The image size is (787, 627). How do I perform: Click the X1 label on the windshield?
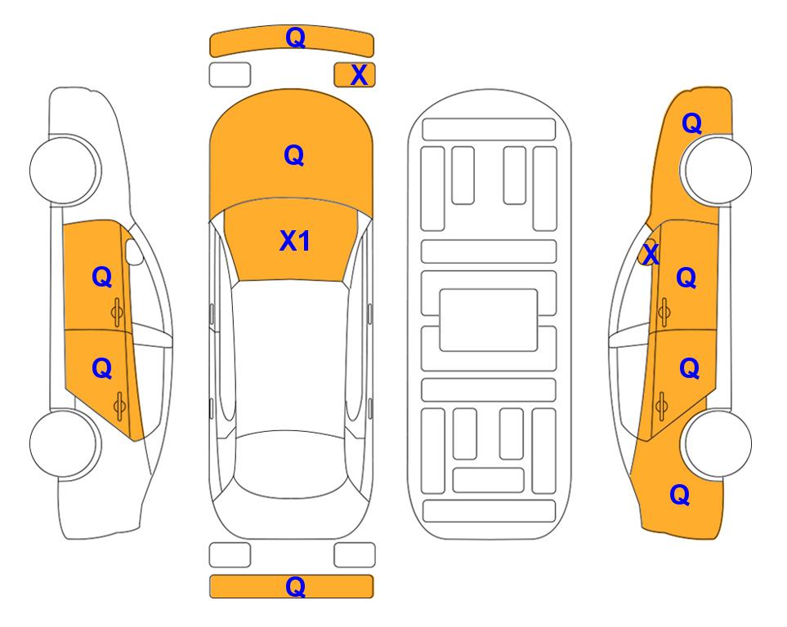[295, 241]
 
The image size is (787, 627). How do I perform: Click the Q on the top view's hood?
[294, 155]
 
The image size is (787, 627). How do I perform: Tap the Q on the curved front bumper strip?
[295, 37]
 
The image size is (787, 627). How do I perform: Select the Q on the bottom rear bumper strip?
[295, 586]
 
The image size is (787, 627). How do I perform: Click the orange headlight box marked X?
[355, 75]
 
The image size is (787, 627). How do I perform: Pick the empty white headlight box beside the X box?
[230, 75]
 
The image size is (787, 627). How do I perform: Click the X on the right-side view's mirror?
[651, 253]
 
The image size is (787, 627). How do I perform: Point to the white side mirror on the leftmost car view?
[134, 251]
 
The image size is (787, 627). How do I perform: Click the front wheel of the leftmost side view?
[65, 170]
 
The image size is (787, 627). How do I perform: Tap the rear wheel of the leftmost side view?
[65, 443]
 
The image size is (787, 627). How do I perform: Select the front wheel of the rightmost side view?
[717, 170]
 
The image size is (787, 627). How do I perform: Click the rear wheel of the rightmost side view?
[717, 443]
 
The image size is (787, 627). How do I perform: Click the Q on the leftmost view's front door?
[102, 277]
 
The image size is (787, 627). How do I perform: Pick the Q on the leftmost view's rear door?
[102, 369]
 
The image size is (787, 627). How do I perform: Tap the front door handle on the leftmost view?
[118, 312]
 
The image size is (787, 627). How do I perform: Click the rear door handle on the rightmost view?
[662, 406]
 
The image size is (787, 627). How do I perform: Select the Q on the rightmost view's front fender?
[691, 123]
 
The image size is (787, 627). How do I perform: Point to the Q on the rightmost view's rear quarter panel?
[680, 495]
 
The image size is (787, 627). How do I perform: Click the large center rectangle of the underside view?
[489, 320]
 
